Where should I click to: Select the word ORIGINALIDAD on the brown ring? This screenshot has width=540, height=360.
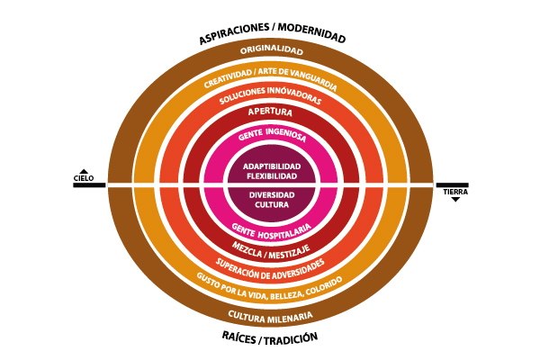coord(271,50)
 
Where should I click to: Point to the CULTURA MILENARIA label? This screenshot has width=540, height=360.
coord(271,316)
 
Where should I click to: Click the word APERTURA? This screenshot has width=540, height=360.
coord(271,112)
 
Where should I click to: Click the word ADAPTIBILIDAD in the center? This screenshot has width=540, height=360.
coord(271,166)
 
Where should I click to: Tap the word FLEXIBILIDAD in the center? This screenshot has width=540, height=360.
coord(271,175)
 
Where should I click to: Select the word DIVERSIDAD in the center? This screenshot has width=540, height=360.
coord(271,193)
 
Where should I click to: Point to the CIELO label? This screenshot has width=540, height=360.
coord(84,178)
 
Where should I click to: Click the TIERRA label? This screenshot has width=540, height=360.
coord(455,192)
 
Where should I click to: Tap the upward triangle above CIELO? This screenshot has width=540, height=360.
coord(84,171)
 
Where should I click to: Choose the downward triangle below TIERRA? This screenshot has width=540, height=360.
coord(455,199)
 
